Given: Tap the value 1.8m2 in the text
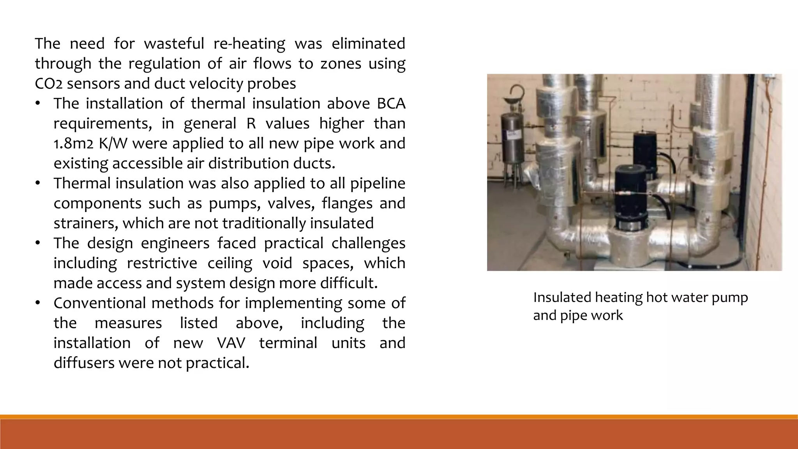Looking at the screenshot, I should (73, 144).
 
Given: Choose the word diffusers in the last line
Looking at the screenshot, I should (84, 363).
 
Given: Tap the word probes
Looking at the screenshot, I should (277, 84).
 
